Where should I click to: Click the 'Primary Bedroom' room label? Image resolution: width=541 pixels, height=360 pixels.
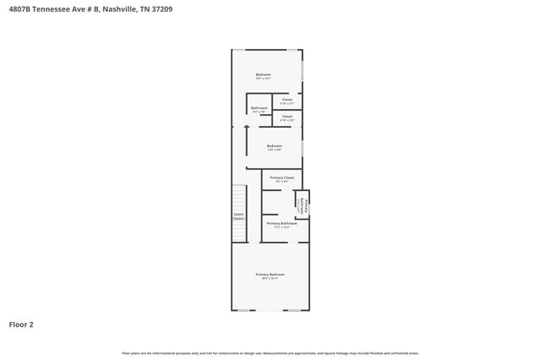click(270, 275)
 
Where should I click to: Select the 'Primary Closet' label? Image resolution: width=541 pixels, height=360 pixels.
click(281, 177)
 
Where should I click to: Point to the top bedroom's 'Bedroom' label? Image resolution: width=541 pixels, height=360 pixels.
click(264, 75)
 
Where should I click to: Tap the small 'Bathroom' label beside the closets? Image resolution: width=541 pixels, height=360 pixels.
click(260, 107)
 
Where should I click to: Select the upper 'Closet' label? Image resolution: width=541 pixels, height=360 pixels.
click(287, 99)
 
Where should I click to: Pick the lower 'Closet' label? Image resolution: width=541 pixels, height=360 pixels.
click(287, 116)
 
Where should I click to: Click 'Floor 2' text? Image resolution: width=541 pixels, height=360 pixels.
click(21, 324)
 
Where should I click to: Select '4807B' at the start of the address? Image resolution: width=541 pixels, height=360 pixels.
click(16, 11)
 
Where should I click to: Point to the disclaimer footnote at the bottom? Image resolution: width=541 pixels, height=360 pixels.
click(270, 352)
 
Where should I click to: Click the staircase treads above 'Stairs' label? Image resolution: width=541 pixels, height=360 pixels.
click(238, 199)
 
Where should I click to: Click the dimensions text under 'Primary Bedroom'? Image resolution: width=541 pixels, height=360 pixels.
click(270, 279)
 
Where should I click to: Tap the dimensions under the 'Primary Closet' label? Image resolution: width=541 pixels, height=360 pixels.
click(281, 182)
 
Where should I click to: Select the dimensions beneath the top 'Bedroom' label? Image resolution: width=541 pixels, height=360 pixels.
click(264, 79)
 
